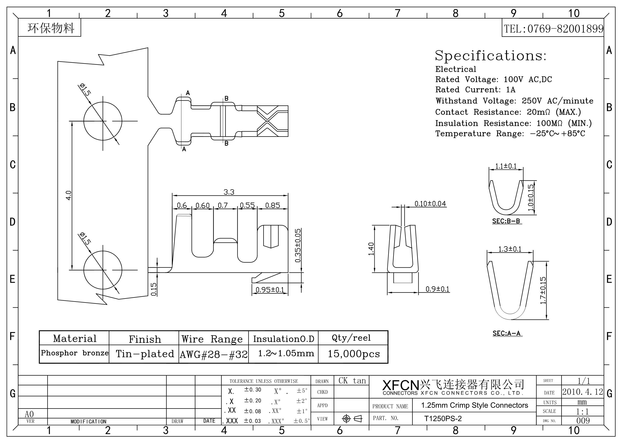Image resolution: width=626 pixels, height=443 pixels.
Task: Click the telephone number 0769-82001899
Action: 566,29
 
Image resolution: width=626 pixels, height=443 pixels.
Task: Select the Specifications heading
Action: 491,56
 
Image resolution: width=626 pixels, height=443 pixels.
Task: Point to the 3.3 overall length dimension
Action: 229,192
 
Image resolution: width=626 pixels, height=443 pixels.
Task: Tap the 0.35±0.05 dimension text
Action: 298,245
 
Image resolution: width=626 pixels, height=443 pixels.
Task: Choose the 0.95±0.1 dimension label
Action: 270,290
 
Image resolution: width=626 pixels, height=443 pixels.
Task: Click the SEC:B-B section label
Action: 506,221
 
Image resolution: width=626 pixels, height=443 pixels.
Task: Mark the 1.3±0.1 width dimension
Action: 510,249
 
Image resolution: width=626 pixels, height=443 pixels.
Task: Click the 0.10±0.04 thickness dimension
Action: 430,204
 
